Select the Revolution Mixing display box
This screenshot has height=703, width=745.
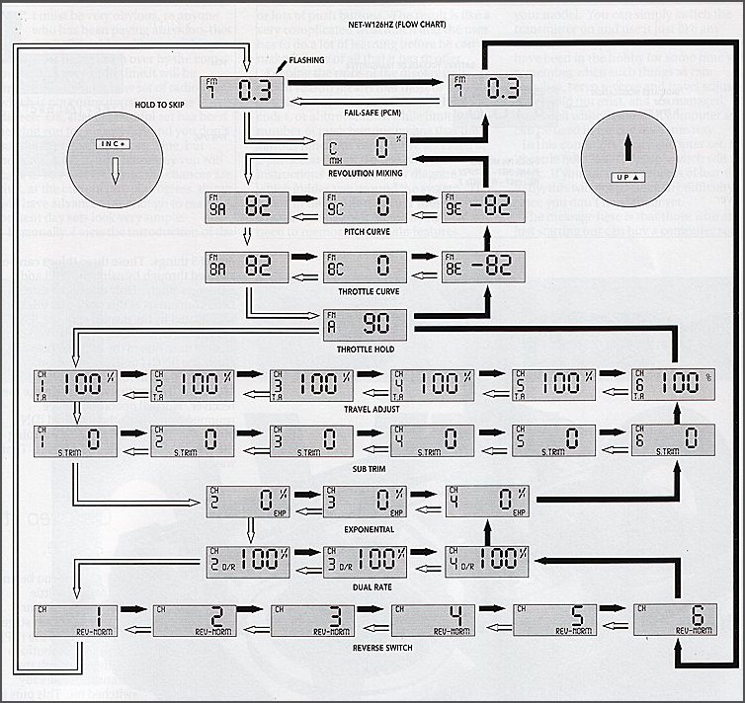pos(366,152)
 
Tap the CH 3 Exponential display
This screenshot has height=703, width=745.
pos(366,503)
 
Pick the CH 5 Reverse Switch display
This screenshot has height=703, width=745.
pos(554,618)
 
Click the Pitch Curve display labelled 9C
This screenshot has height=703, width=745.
pos(366,208)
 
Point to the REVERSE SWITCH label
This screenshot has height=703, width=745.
pos(367,647)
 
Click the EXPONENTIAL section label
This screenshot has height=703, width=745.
pos(367,529)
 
